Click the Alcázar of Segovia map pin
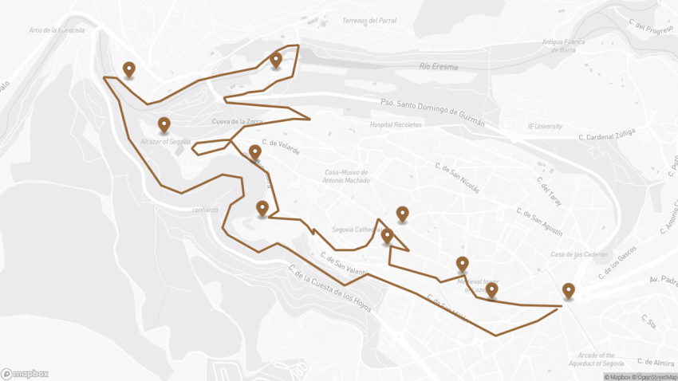tap(164, 124)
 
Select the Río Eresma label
tap(438, 67)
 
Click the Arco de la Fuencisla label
tap(56, 30)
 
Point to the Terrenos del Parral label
tap(368, 20)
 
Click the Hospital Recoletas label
tap(396, 125)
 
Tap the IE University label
tap(545, 126)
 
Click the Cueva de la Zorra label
tap(238, 121)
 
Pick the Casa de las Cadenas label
tap(574, 254)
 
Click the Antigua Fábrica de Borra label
tap(564, 45)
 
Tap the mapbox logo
tap(25, 373)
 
